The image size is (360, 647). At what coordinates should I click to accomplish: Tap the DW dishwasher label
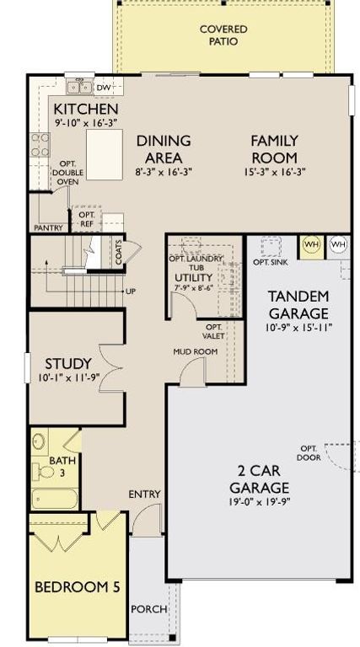[104, 87]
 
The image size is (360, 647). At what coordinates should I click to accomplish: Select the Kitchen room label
[85, 110]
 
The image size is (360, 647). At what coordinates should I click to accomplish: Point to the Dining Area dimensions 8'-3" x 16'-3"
[164, 172]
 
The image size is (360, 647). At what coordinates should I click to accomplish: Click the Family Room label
[273, 149]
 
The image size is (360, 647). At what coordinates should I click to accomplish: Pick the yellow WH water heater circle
[312, 244]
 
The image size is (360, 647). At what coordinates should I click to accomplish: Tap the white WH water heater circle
[338, 244]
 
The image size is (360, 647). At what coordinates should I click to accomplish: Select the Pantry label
[49, 227]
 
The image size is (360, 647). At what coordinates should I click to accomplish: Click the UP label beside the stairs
[130, 291]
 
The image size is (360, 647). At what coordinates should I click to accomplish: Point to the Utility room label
[193, 277]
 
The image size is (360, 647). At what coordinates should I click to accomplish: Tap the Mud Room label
[190, 351]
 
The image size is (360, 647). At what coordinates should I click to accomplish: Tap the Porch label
[148, 609]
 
